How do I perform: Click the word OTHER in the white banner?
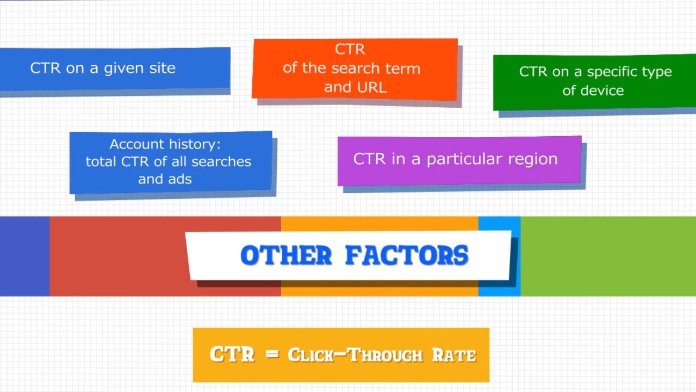click(x=286, y=255)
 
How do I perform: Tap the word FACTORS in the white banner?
click(x=407, y=255)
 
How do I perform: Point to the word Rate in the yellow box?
click(x=454, y=355)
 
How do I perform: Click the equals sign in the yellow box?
click(x=272, y=355)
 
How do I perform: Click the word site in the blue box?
click(x=162, y=68)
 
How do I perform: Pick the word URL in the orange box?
click(x=371, y=87)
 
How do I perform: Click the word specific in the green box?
click(x=614, y=72)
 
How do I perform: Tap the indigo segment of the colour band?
click(x=24, y=256)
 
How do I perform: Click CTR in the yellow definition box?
click(x=232, y=354)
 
